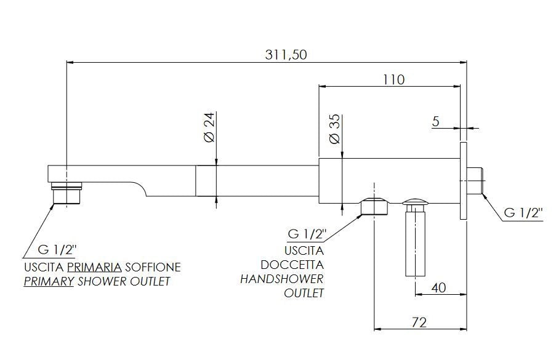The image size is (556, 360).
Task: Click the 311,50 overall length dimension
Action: (286, 55)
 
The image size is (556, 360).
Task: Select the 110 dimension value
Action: (393, 79)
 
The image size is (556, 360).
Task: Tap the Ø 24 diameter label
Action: (210, 127)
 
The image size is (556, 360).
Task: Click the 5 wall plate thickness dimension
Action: (436, 121)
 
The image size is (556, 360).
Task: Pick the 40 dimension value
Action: (438, 288)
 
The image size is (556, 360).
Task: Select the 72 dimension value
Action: (419, 322)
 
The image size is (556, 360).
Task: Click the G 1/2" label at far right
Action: (523, 212)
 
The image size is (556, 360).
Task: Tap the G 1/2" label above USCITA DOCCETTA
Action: (307, 234)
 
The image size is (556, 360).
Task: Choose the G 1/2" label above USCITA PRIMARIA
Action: (57, 250)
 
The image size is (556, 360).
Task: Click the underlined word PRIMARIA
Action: (94, 266)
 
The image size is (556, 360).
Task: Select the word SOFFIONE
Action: (153, 266)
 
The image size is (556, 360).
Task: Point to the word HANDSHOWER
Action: (282, 279)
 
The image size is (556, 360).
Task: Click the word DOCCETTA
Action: (292, 265)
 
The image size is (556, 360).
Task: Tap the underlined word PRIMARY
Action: (49, 281)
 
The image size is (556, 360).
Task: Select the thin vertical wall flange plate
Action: (463, 181)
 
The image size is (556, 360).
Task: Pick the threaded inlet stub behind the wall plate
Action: (475, 181)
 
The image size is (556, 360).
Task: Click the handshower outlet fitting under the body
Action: (374, 207)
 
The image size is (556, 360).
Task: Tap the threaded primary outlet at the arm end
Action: (66, 193)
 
